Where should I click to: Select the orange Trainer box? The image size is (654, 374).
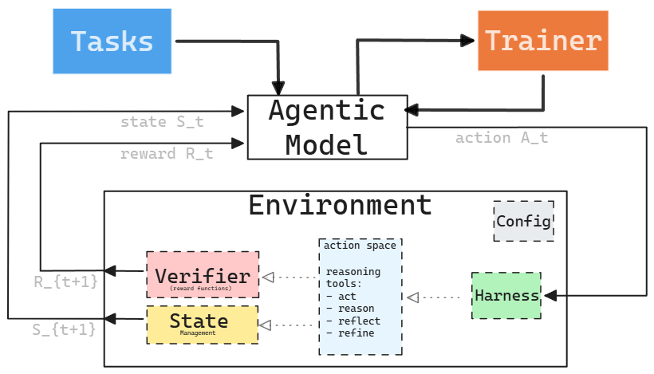click(543, 41)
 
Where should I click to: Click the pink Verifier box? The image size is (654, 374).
click(203, 274)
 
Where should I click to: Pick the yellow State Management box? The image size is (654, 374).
click(203, 325)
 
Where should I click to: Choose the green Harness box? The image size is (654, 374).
click(506, 296)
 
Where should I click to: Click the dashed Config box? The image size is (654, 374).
click(523, 221)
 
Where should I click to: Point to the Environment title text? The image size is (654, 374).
click(340, 205)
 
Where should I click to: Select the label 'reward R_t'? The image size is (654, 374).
click(167, 154)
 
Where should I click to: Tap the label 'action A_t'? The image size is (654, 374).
click(502, 138)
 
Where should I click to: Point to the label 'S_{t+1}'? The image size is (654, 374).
click(65, 328)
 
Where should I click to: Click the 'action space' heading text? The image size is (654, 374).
click(360, 246)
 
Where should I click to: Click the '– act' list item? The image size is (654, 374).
click(344, 296)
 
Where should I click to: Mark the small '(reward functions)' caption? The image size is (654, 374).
click(201, 288)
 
